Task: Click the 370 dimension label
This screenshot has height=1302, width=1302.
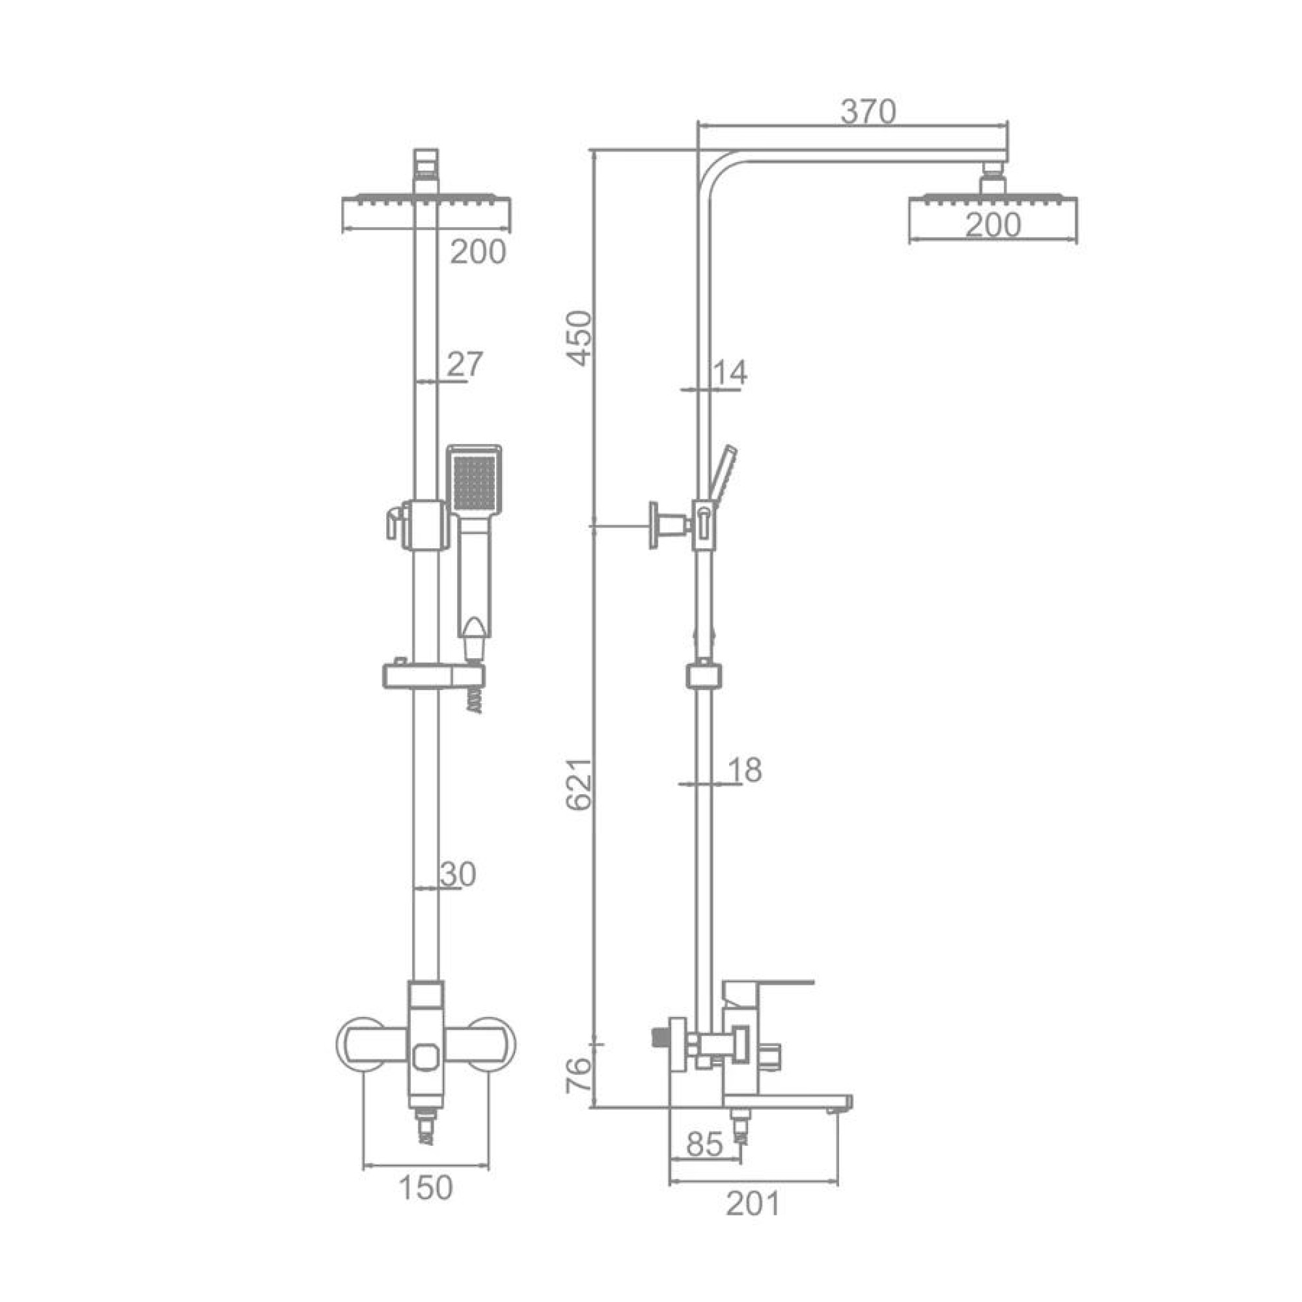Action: [x=868, y=113]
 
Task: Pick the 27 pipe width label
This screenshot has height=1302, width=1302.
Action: [x=465, y=365]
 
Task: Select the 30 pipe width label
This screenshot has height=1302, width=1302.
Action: [x=458, y=875]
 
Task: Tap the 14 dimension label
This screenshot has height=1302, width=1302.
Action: [x=730, y=372]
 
